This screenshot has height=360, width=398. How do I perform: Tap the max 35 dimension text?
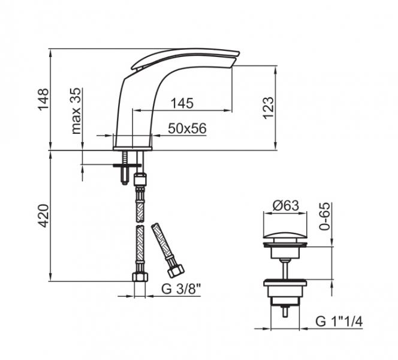[76, 111]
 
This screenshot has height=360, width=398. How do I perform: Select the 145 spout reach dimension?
[182, 103]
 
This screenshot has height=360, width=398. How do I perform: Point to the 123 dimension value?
[269, 108]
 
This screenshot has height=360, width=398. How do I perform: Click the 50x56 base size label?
[188, 128]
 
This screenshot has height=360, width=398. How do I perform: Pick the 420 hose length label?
[43, 216]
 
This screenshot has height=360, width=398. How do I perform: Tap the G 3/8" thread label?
[181, 289]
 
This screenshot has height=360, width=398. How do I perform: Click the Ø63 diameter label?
[285, 206]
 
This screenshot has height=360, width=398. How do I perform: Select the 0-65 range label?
[325, 217]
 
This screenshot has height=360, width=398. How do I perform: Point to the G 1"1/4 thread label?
[339, 322]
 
